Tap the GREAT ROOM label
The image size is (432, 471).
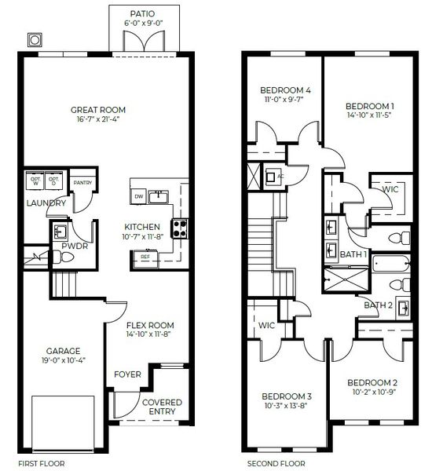(98, 110)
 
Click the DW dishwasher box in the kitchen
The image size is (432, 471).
(138, 196)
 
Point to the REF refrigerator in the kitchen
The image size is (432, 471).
(145, 257)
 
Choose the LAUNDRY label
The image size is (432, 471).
(40, 203)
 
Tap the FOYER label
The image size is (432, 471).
(128, 374)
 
